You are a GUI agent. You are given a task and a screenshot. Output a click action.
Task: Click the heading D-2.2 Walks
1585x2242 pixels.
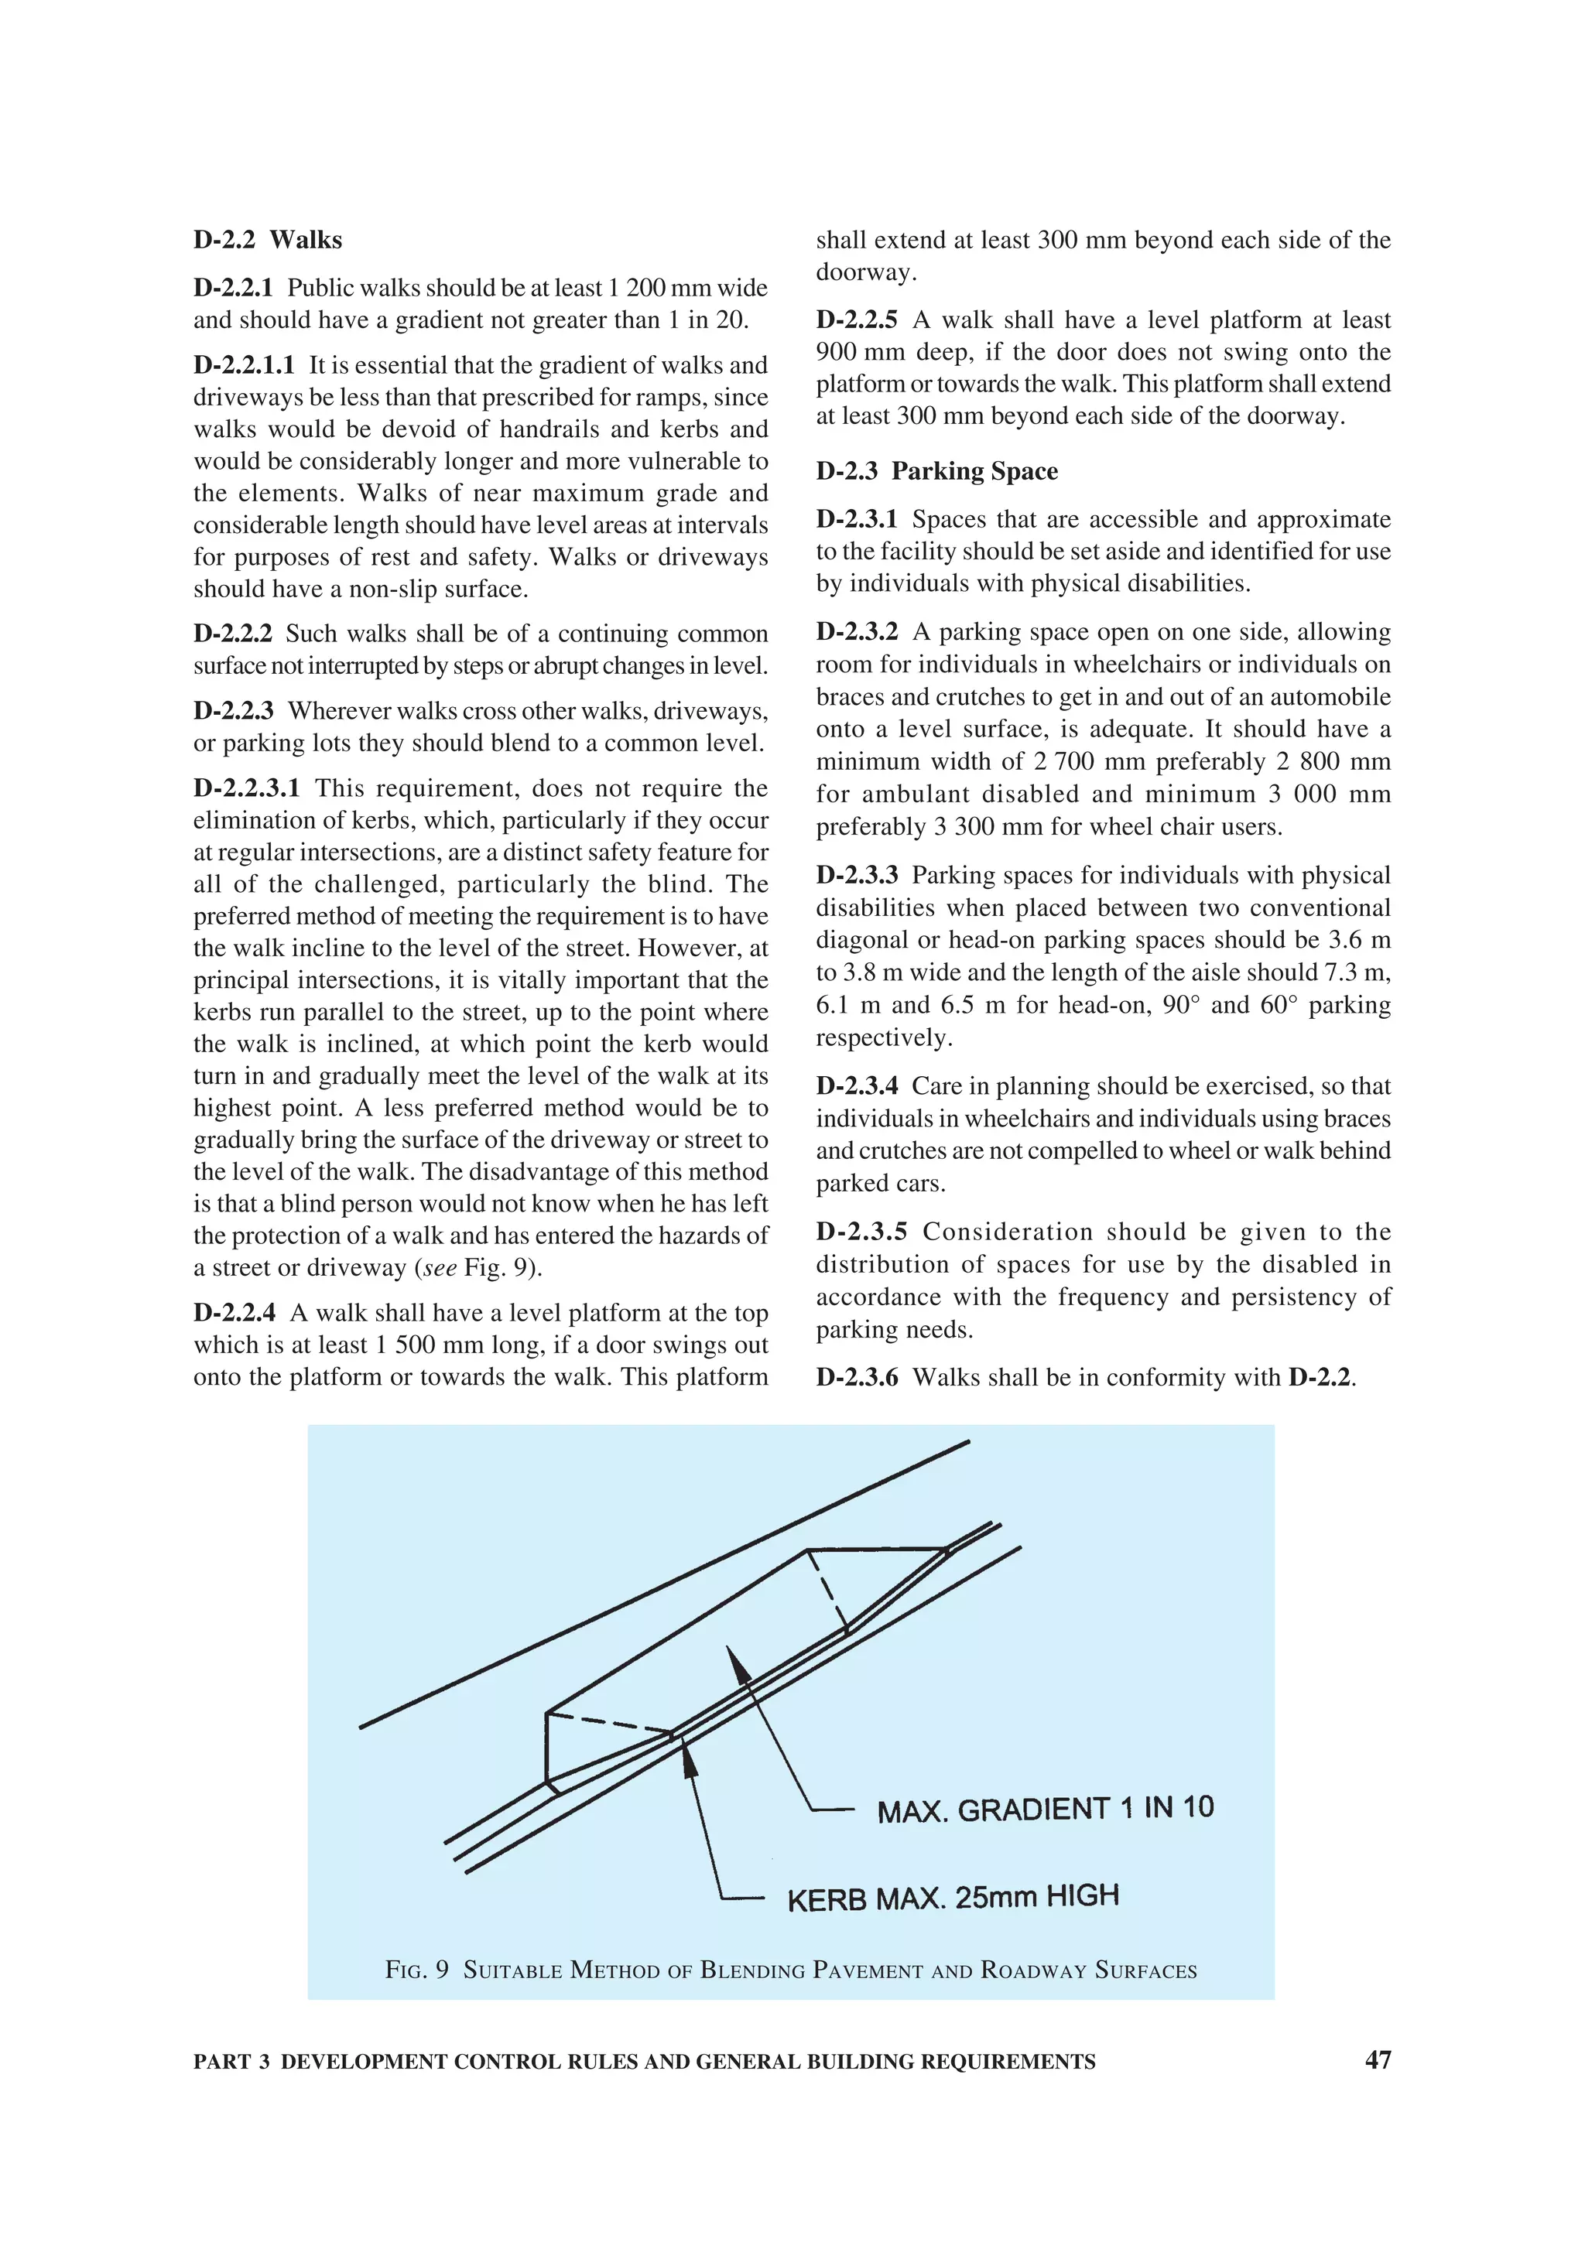click(x=268, y=240)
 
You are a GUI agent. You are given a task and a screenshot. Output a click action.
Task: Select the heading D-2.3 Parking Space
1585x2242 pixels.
click(x=936, y=472)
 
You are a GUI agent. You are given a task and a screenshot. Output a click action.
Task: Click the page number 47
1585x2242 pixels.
click(x=1377, y=2059)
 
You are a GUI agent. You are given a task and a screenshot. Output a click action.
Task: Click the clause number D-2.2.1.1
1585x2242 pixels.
click(x=243, y=365)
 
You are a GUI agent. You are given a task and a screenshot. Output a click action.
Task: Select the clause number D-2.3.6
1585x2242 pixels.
click(x=857, y=1378)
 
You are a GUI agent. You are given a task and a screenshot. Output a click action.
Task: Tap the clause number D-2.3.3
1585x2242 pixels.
click(x=857, y=876)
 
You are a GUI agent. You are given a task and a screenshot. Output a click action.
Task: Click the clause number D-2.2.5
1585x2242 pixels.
click(x=857, y=320)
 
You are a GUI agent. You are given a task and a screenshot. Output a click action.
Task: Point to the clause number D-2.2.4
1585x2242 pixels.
click(x=234, y=1314)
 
